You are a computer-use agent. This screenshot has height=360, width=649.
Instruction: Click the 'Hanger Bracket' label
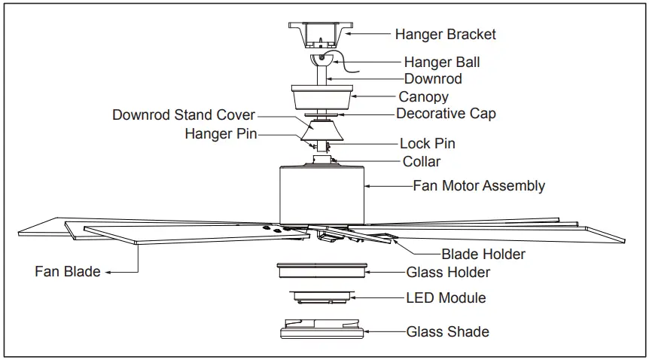tap(445, 34)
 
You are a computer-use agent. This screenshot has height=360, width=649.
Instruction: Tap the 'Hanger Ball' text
tap(441, 62)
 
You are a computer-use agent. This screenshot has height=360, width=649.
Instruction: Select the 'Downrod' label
tap(433, 78)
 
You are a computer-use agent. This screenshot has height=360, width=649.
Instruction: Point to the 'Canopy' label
tap(423, 96)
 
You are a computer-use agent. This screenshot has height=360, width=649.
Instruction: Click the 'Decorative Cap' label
tap(446, 114)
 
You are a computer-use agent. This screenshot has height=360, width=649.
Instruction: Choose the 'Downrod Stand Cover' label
tap(184, 115)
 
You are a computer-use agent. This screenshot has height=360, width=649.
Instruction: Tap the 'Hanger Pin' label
tap(221, 134)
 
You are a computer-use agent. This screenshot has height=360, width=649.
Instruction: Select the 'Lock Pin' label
tap(427, 143)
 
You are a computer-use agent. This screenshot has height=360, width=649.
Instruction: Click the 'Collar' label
tap(422, 161)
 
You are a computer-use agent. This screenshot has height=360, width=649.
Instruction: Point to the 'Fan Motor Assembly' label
tap(479, 185)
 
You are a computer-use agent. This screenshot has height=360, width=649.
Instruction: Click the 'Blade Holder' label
tap(483, 254)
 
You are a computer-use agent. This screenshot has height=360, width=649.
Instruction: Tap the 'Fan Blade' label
tap(68, 271)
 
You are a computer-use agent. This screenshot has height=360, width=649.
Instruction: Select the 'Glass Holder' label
tap(448, 272)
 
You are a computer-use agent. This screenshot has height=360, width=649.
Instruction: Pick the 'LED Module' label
tap(446, 298)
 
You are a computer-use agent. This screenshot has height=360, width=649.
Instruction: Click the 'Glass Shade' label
tap(447, 331)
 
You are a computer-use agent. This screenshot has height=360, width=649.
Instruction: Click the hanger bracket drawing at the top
tap(320, 35)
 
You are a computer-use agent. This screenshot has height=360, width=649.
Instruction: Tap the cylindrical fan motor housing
tap(321, 192)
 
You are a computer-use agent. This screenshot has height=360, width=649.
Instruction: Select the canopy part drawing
tap(322, 97)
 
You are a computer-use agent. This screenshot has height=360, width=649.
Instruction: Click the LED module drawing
tap(321, 297)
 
